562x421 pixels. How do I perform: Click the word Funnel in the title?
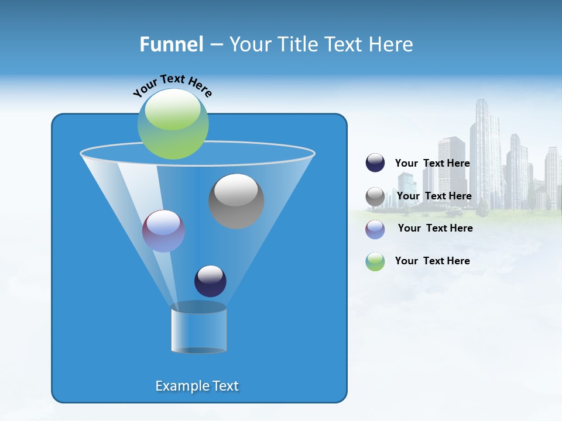(171, 44)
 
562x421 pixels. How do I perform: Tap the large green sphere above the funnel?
(173, 124)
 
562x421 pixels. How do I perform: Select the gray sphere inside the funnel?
(236, 201)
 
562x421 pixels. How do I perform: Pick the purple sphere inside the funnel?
(164, 231)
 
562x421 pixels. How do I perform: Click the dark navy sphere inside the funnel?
(210, 281)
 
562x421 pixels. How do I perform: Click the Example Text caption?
(197, 386)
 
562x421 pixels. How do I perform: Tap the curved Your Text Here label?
(173, 85)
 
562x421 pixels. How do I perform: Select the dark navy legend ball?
(375, 163)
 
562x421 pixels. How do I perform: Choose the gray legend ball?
(375, 196)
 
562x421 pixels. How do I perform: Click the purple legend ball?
(375, 229)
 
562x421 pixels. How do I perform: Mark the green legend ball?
(375, 261)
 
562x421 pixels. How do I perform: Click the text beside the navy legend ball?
(432, 164)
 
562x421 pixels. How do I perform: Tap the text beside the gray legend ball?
(434, 196)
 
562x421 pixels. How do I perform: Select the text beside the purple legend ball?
(435, 229)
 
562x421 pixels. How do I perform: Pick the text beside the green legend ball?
(432, 261)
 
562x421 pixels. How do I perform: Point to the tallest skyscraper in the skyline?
(485, 152)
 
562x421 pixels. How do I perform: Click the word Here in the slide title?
(392, 44)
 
